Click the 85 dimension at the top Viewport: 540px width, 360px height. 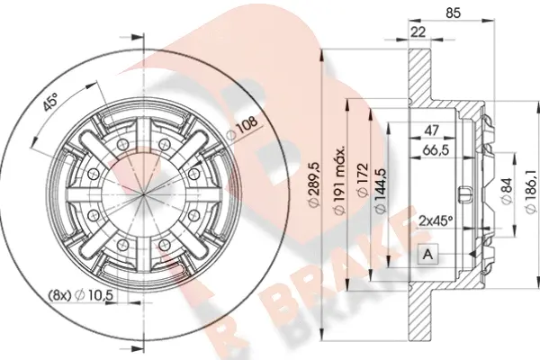(453, 13)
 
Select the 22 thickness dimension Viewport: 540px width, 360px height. (418, 32)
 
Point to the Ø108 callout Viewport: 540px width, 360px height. (244, 128)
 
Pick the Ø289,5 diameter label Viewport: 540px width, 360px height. (315, 185)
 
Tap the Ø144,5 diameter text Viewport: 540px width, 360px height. (380, 190)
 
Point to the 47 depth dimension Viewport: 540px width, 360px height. (431, 130)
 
